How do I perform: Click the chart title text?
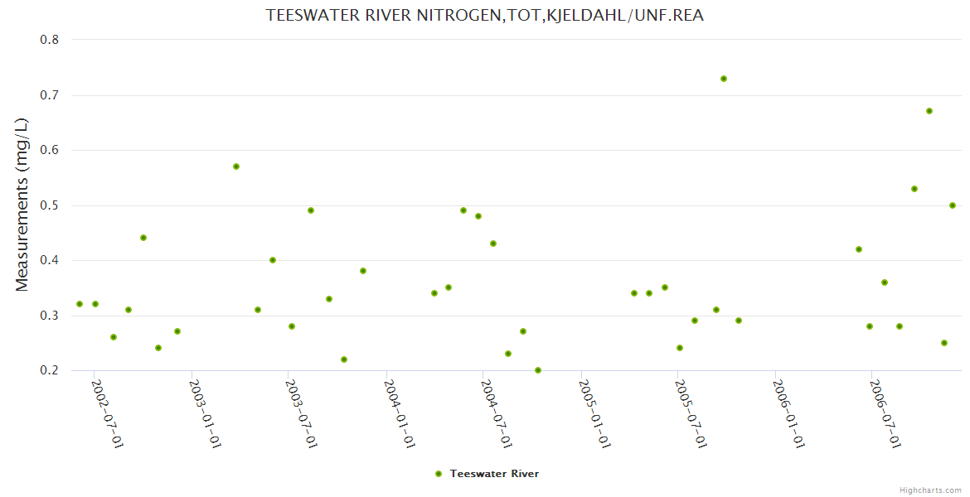(485, 15)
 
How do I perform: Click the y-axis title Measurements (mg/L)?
(22, 205)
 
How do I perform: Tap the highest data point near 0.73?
(724, 79)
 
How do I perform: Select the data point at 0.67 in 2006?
(929, 111)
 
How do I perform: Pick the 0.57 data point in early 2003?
(236, 166)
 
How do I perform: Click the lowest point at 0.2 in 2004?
(538, 370)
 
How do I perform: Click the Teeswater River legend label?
(494, 474)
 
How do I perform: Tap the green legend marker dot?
(438, 474)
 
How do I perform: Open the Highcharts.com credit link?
(931, 490)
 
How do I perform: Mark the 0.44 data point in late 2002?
(143, 238)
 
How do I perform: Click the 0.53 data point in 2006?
(914, 189)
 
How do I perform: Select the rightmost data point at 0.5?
(953, 205)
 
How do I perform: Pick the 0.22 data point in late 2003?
(344, 359)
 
